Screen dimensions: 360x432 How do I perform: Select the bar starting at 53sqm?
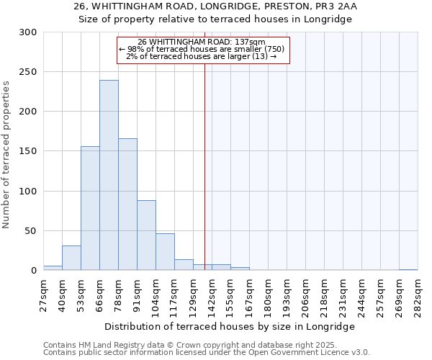click(x=90, y=209)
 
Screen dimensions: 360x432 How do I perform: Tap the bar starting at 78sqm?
click(x=127, y=204)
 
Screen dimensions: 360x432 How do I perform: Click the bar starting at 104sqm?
click(x=165, y=252)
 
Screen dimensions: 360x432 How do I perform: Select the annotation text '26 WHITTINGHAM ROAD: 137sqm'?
click(x=202, y=42)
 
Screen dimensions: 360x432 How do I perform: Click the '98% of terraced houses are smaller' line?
click(x=202, y=49)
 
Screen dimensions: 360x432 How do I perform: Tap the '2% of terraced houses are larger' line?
click(x=202, y=56)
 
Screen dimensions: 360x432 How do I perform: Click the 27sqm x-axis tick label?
click(x=43, y=295)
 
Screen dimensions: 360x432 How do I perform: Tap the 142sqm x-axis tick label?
click(x=212, y=295)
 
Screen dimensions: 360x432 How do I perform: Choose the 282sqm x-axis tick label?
click(x=418, y=295)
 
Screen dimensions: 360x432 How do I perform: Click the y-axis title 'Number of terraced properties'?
click(x=6, y=155)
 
